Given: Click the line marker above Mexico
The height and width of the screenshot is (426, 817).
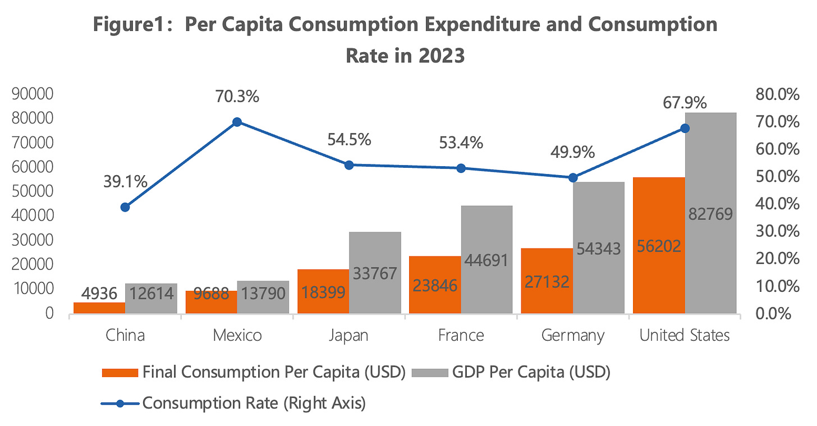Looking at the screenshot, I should (x=237, y=122).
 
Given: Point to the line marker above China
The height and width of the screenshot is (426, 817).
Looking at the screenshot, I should (x=125, y=207).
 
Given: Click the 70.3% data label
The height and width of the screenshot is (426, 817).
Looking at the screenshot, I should (x=237, y=97).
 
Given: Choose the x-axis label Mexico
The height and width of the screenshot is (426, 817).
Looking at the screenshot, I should (x=237, y=336).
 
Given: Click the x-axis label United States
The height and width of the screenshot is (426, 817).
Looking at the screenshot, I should (x=685, y=336).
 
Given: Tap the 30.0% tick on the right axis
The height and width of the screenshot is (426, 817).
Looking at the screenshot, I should (x=777, y=231).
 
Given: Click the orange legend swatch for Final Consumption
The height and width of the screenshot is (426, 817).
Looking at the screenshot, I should (x=119, y=373).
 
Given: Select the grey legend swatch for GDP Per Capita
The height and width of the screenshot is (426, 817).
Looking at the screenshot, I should (x=429, y=373).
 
